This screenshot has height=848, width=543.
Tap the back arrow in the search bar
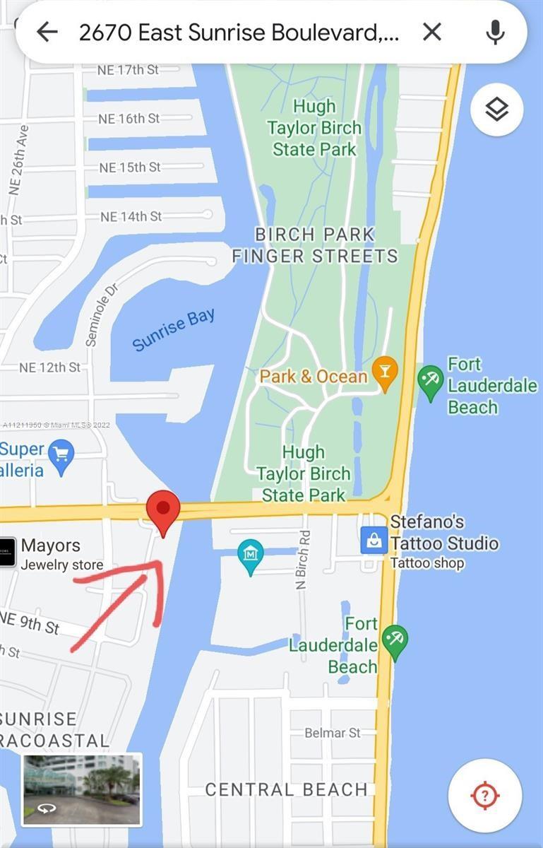click(47, 32)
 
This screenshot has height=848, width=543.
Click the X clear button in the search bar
click(431, 32)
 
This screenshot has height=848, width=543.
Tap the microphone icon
click(496, 32)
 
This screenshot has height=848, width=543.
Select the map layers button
click(496, 110)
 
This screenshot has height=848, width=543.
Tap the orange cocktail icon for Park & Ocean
click(385, 375)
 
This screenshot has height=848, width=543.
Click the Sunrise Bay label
click(174, 329)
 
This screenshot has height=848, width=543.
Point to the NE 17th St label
click(128, 70)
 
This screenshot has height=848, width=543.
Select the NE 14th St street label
click(131, 216)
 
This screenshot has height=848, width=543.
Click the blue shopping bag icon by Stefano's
click(373, 541)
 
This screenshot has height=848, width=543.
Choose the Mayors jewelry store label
click(51, 546)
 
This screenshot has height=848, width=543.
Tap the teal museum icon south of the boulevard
click(250, 555)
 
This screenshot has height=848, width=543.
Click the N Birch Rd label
click(303, 560)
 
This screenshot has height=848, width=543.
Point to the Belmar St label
click(333, 733)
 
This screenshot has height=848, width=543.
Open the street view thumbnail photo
click(82, 789)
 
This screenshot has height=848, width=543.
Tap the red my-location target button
click(484, 796)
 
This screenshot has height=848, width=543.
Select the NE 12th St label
click(49, 367)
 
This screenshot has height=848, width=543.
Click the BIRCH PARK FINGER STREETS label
click(315, 245)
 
